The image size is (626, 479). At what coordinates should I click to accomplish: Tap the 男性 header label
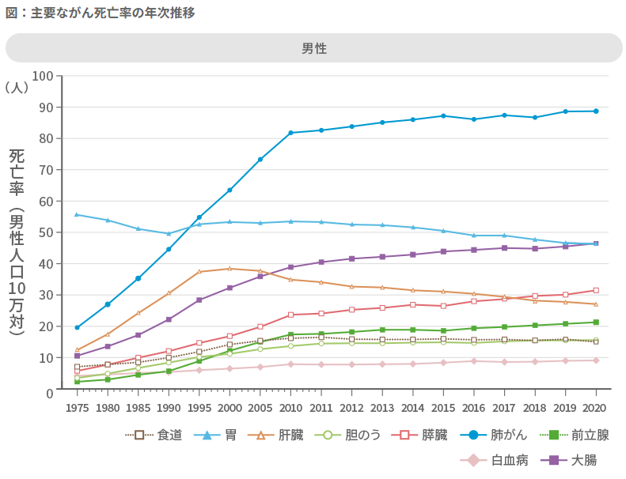[x=314, y=48]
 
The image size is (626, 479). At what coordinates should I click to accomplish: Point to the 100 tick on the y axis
[x=43, y=76]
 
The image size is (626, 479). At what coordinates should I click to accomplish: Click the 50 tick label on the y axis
[x=46, y=232]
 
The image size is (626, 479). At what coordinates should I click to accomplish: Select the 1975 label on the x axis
[x=77, y=408]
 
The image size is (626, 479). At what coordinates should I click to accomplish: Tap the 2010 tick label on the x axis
[x=290, y=408]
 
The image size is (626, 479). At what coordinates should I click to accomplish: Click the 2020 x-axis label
[x=595, y=408]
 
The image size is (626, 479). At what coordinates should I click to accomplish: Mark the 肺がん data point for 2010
[x=290, y=133]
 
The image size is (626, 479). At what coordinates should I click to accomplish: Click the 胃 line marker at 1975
[x=77, y=214]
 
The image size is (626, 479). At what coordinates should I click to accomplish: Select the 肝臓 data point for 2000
[x=230, y=269]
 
